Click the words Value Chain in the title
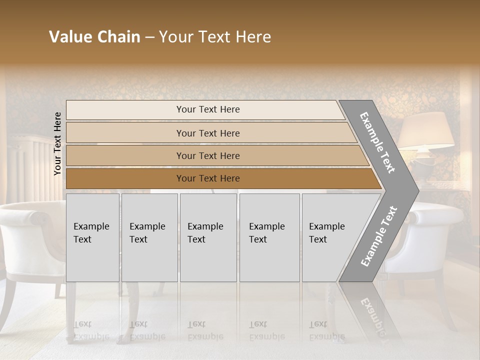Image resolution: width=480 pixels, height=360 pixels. [94, 37]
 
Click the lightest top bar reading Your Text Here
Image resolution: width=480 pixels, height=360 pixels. [207, 109]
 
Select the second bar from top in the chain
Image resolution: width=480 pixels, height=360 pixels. [207, 133]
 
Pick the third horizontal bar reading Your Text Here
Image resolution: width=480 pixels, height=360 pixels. [207, 155]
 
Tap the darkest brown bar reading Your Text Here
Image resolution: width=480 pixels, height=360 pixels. [207, 178]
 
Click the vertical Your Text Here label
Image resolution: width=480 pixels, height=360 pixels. [57, 143]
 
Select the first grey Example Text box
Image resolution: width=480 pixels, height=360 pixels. [92, 237]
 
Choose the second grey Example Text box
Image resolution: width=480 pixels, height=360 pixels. [149, 237]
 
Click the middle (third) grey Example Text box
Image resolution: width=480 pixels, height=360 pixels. [208, 237]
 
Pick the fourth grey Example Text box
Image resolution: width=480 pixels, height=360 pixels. [269, 237]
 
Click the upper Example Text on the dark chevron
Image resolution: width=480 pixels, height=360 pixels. [378, 142]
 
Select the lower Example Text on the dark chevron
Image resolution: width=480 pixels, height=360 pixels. [379, 236]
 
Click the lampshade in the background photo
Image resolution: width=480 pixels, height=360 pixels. [426, 130]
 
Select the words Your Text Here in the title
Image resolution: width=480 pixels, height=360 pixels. [215, 37]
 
